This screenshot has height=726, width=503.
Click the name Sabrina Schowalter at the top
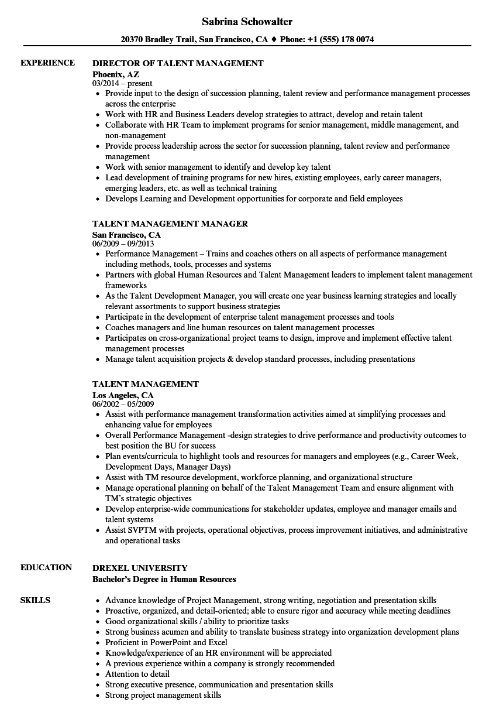point(247,22)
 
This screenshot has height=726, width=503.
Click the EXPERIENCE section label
point(47,63)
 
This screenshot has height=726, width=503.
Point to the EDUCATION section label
point(46,567)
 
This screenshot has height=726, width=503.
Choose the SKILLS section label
point(35,600)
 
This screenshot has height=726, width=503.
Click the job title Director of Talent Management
point(178,63)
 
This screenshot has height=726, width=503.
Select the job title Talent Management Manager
point(170,224)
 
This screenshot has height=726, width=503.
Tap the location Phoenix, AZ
point(116,74)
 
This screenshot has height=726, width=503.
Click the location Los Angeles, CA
point(123,395)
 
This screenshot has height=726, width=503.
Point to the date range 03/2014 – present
point(122,84)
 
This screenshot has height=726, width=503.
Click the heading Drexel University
point(140,568)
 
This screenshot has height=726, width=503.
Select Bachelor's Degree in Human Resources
point(164,579)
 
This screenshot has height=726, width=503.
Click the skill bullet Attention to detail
point(137,674)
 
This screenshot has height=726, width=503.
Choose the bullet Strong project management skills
point(163,695)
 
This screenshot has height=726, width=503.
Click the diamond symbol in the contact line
point(273,40)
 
